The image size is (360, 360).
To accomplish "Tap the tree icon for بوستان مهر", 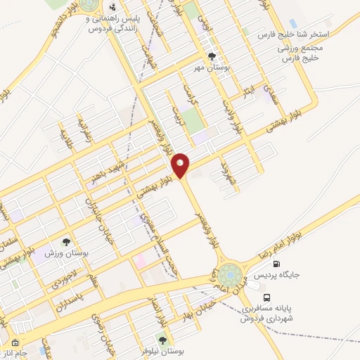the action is (x=212, y=57).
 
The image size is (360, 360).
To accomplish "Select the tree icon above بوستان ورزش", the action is (x=67, y=241).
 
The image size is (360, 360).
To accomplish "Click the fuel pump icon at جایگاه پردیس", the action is (x=276, y=265).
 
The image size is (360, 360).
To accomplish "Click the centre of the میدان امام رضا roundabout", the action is (x=229, y=274).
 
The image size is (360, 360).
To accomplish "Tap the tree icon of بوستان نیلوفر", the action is (x=162, y=340).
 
